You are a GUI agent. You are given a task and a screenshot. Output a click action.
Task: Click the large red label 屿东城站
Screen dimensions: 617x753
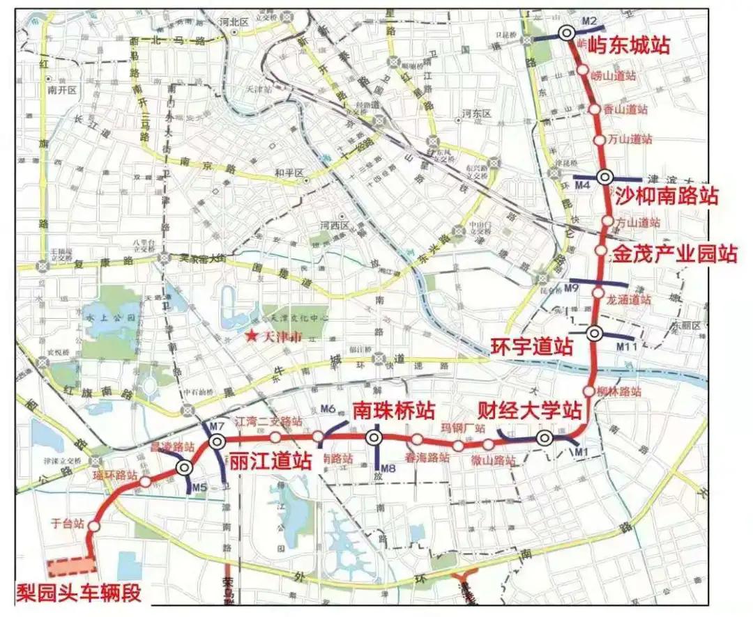(x=629, y=46)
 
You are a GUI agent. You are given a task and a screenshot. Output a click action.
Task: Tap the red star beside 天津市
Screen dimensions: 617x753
(x=250, y=336)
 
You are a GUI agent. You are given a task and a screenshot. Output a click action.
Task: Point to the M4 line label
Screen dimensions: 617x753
(x=582, y=185)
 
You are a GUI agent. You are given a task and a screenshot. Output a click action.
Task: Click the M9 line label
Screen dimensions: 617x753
(x=572, y=288)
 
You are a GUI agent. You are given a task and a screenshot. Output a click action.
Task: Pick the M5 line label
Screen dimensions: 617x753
(x=200, y=487)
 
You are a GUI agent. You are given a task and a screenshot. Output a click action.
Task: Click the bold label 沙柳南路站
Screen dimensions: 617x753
(x=666, y=196)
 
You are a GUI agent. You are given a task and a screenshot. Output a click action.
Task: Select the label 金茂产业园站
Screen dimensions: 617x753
(x=674, y=253)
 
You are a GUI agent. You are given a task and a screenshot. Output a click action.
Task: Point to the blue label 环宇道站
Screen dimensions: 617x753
(x=532, y=346)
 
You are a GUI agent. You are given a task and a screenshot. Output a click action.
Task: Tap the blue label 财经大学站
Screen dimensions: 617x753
(x=529, y=409)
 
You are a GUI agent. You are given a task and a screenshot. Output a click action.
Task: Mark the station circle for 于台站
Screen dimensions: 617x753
(x=94, y=527)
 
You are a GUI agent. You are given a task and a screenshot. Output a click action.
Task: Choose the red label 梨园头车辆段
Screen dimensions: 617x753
(x=79, y=593)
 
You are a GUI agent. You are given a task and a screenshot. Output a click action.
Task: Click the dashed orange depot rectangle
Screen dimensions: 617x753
(x=70, y=567)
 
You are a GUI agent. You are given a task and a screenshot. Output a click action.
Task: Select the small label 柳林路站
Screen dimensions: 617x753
(x=618, y=391)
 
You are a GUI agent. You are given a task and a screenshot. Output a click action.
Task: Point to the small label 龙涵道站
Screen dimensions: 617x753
(x=629, y=300)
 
